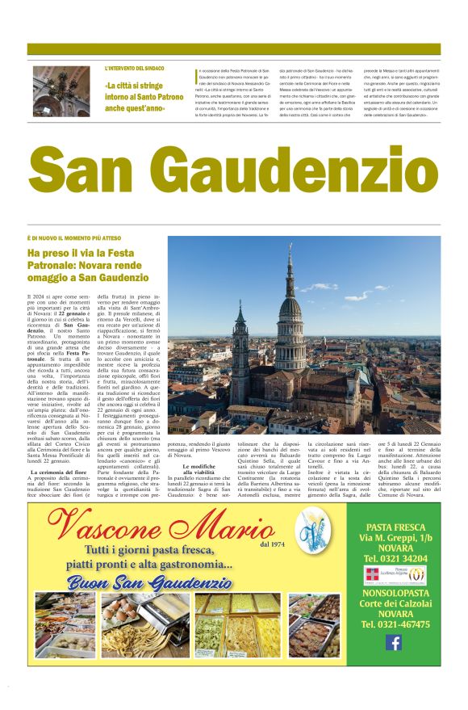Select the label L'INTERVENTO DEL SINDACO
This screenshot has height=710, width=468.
click(x=135, y=69)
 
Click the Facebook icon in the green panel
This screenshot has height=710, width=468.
click(x=394, y=642)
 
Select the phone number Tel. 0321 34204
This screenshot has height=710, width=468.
click(x=394, y=557)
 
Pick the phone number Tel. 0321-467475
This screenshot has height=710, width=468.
click(x=394, y=624)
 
